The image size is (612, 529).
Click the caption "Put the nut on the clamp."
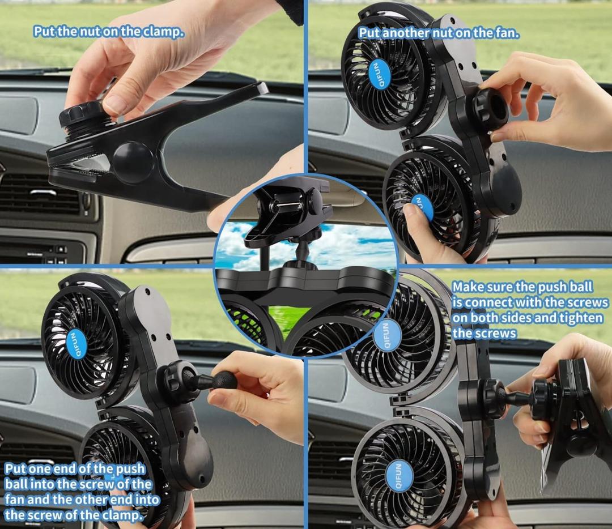pyautogui.click(x=108, y=31)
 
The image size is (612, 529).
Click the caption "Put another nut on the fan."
pyautogui.click(x=439, y=33)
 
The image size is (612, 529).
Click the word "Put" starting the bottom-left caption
pyautogui.click(x=15, y=468)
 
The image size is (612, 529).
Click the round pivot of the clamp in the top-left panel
pyautogui.click(x=134, y=162)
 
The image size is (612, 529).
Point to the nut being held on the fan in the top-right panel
pyautogui.click(x=491, y=106)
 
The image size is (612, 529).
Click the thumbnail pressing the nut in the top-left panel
pyautogui.click(x=114, y=104)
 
